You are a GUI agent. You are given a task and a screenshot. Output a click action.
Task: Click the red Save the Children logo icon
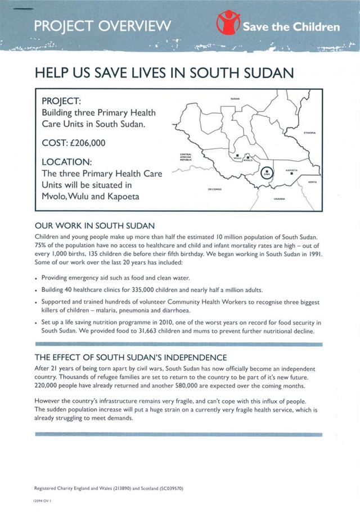[x=228, y=25]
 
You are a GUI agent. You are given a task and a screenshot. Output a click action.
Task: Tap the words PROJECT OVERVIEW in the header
[x=102, y=25]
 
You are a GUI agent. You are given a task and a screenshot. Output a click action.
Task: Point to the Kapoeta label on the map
[x=291, y=169]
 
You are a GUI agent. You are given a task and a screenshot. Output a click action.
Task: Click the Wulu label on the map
[x=237, y=159]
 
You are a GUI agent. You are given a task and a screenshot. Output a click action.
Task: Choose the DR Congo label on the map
[x=214, y=189]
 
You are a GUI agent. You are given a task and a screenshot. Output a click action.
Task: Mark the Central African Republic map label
[x=186, y=157]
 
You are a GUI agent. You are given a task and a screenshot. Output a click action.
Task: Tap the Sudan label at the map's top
[x=235, y=99]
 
